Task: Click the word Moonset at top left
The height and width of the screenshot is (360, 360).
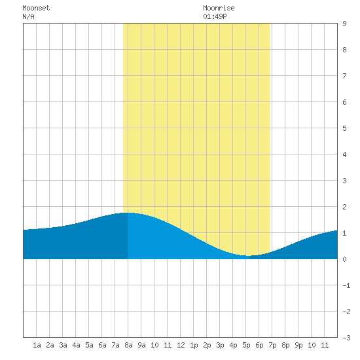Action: [36, 8]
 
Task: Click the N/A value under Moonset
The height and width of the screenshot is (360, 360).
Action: [28, 16]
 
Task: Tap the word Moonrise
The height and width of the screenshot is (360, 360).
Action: [219, 8]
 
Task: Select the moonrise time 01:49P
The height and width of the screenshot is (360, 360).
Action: [215, 16]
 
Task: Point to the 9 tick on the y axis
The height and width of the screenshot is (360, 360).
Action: [344, 24]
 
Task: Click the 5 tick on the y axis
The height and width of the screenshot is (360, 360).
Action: [344, 128]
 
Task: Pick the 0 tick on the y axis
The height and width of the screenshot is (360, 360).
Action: [344, 259]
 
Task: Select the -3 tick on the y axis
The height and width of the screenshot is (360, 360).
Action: [346, 338]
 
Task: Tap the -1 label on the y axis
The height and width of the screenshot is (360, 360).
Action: [346, 285]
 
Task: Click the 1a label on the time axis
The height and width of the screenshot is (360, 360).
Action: [37, 345]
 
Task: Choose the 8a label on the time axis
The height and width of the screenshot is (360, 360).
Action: [128, 345]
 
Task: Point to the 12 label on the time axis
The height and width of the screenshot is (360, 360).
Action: [181, 345]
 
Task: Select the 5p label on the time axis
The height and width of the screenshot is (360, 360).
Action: [246, 345]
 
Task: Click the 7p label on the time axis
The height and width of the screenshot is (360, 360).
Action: [272, 345]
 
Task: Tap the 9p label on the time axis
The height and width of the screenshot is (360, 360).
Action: [298, 345]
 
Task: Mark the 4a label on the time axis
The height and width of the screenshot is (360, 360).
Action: [76, 345]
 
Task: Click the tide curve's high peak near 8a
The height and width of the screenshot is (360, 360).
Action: [128, 213]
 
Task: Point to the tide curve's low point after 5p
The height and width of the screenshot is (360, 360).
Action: [249, 255]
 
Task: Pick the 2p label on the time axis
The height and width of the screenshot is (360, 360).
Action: [207, 345]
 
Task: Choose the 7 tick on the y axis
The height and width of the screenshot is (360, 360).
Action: [344, 76]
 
